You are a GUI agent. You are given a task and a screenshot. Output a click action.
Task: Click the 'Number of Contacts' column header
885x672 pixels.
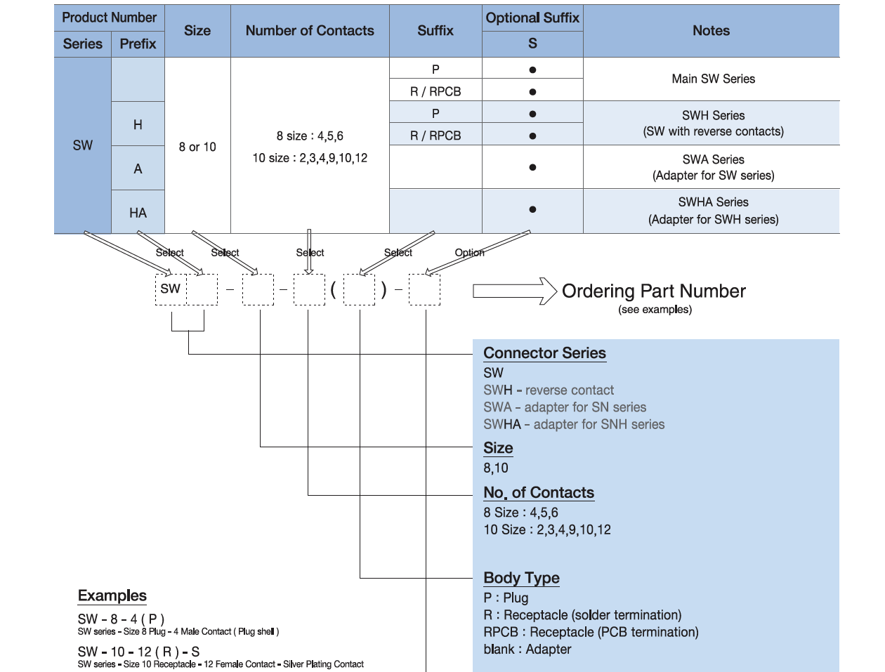click(310, 31)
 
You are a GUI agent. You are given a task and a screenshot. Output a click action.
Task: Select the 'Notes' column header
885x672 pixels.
click(711, 31)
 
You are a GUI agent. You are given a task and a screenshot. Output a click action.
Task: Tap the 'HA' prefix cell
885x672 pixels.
click(138, 213)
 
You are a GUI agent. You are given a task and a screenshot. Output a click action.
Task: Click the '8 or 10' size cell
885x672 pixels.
click(197, 147)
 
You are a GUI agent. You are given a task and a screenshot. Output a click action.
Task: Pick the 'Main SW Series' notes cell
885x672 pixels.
click(713, 79)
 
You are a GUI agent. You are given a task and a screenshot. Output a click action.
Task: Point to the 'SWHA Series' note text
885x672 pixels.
click(713, 202)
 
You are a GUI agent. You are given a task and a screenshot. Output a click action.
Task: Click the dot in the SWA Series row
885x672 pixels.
click(532, 167)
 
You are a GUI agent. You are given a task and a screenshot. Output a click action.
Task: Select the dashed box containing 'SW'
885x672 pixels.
click(171, 289)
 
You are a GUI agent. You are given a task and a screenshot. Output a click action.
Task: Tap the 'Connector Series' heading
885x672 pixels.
click(544, 353)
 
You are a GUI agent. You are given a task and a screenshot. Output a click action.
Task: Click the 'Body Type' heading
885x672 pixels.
click(521, 578)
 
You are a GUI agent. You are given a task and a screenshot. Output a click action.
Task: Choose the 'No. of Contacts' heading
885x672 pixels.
click(539, 493)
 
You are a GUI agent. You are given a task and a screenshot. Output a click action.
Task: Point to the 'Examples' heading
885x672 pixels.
click(112, 595)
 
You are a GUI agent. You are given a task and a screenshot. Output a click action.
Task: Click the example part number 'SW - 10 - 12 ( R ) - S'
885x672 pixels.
click(138, 652)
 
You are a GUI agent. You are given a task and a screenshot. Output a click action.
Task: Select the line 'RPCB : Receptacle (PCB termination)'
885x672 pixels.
click(591, 632)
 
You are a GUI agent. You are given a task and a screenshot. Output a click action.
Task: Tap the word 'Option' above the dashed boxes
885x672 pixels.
click(469, 253)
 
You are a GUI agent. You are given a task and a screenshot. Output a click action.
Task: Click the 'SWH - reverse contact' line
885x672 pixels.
click(549, 390)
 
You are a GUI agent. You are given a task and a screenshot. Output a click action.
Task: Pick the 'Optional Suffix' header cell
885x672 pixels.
click(532, 18)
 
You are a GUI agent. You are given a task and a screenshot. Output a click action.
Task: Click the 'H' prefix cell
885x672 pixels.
click(138, 124)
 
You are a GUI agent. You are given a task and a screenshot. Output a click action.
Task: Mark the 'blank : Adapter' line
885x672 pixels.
click(527, 650)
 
